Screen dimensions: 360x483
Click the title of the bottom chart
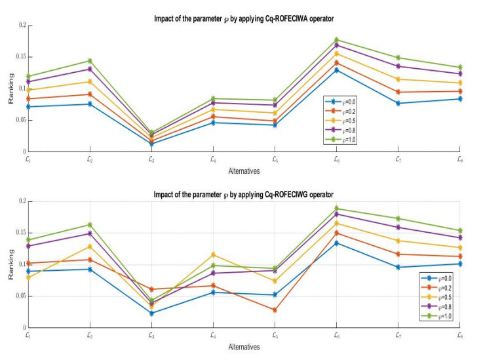click(242, 194)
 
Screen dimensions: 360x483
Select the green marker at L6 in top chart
click(336, 40)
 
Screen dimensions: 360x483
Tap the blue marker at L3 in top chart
click(151, 144)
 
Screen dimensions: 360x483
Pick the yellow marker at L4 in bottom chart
click(212, 254)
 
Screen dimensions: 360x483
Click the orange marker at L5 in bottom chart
click(275, 310)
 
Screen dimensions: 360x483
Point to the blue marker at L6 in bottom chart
click(336, 243)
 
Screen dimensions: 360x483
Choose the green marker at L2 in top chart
click(89, 61)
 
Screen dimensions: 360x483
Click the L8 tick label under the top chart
click(459, 159)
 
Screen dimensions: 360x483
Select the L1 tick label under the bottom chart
click(27, 335)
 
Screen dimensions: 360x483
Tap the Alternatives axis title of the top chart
click(244, 171)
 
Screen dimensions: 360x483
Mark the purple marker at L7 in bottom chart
click(398, 228)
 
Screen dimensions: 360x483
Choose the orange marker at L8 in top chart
click(459, 91)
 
